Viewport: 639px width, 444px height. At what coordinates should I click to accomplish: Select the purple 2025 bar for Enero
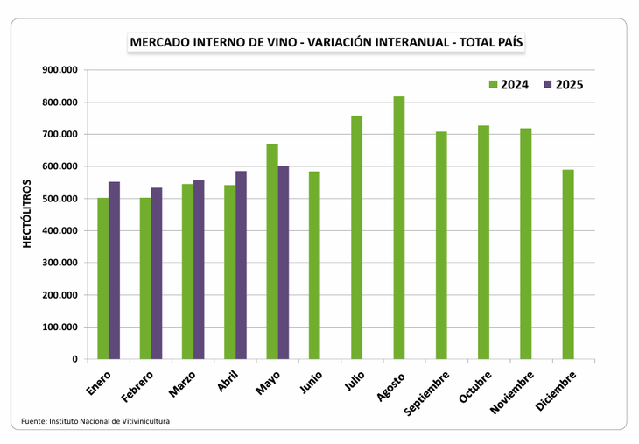[x=114, y=271]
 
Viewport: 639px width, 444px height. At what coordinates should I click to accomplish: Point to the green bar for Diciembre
[x=568, y=264]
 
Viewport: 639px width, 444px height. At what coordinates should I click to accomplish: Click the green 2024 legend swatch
[x=493, y=85]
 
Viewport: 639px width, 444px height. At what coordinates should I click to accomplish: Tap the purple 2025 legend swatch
[x=548, y=85]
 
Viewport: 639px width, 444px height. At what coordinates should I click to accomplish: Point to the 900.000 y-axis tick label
[x=60, y=70]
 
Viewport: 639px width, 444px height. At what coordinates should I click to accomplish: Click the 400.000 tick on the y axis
[x=60, y=230]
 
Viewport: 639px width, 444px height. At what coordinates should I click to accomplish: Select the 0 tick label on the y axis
[x=74, y=359]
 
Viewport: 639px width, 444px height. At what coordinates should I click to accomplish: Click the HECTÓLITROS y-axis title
[x=27, y=215]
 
